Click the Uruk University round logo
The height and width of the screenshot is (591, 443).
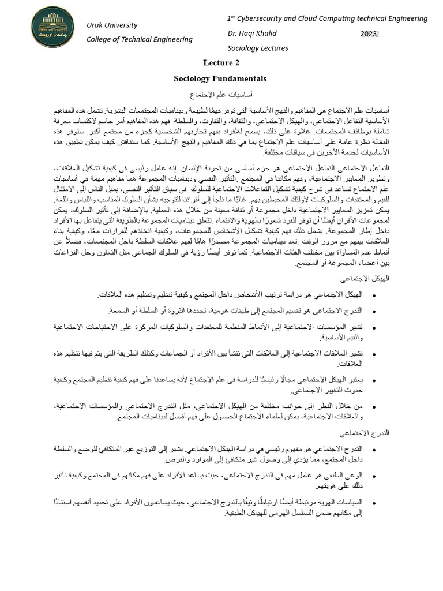click(x=52, y=28)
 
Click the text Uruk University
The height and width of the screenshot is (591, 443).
click(x=112, y=25)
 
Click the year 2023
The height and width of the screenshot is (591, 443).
click(x=369, y=33)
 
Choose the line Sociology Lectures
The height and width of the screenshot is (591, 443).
click(x=258, y=48)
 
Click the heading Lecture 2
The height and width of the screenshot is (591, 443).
click(x=221, y=62)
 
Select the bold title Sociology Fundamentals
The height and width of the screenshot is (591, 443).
click(x=221, y=78)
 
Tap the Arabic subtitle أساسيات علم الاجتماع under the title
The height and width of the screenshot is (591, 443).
click(x=221, y=93)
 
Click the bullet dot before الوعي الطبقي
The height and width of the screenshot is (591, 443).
click(x=375, y=476)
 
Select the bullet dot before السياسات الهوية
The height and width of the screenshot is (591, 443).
click(x=375, y=503)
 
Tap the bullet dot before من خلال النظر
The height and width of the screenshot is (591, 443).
click(x=375, y=407)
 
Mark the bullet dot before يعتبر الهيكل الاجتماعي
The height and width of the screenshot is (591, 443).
click(x=375, y=380)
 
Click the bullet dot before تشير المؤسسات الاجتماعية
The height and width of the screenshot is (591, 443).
click(x=375, y=327)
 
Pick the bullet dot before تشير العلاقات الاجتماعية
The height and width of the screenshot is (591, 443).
click(x=375, y=354)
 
